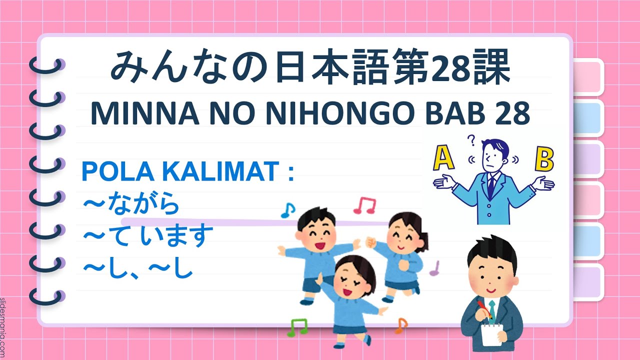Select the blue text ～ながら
pyautogui.click(x=130, y=204)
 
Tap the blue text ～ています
pyautogui.click(x=144, y=236)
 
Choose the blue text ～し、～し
pyautogui.click(x=137, y=268)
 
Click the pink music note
pyautogui.click(x=364, y=204)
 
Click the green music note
pyautogui.click(x=297, y=327)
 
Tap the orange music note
pyautogui.click(x=401, y=325)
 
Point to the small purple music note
pyautogui.click(x=434, y=268)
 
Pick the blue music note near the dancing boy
pyautogui.click(x=288, y=210)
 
